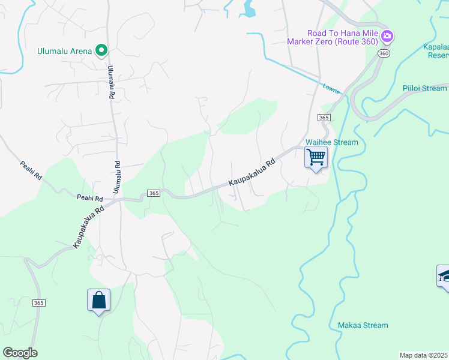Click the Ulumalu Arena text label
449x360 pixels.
[x=64, y=51]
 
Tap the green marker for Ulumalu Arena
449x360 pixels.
[x=101, y=50]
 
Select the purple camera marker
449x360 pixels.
[x=387, y=37]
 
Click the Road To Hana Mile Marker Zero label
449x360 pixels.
[x=342, y=37]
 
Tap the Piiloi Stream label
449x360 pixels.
[x=424, y=88]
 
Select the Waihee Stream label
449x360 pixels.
[x=332, y=142]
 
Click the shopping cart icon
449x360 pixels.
[x=316, y=158]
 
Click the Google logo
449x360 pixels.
[x=20, y=353]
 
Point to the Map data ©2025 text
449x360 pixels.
[x=424, y=355]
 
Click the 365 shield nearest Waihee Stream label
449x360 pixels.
[x=324, y=118]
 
